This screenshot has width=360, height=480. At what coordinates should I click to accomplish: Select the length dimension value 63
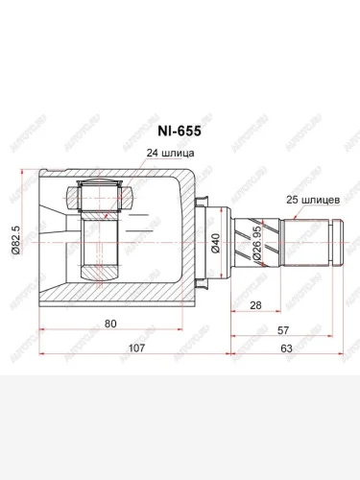[x=285, y=348]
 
